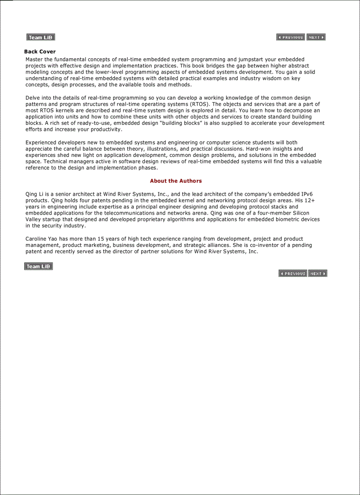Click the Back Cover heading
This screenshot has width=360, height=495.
coord(40,52)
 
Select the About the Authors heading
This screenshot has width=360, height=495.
coord(176,181)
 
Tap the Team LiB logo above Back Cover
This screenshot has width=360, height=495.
coord(41,37)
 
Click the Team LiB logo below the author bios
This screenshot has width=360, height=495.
coord(38,266)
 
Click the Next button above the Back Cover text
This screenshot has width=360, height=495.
coord(316,37)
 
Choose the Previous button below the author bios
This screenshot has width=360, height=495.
coord(292,274)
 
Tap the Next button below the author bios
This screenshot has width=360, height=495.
coord(318,274)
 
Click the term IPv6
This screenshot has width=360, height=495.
coord(307,194)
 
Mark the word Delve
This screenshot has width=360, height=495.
coord(33,98)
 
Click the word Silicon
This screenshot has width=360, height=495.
coord(301,213)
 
